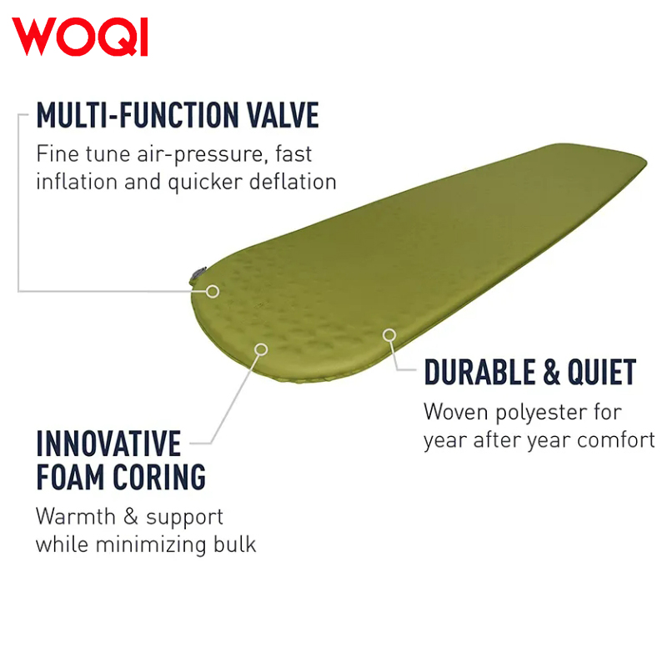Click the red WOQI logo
click(x=79, y=37)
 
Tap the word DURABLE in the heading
click(x=479, y=372)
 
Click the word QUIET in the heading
click(x=602, y=372)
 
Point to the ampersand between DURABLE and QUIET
click(x=551, y=372)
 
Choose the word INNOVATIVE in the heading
click(x=109, y=444)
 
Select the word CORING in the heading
click(x=159, y=477)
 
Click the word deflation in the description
click(x=293, y=182)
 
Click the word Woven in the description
click(x=455, y=412)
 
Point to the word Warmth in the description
click(x=76, y=516)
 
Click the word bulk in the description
click(x=235, y=544)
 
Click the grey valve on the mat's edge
click(x=198, y=274)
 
